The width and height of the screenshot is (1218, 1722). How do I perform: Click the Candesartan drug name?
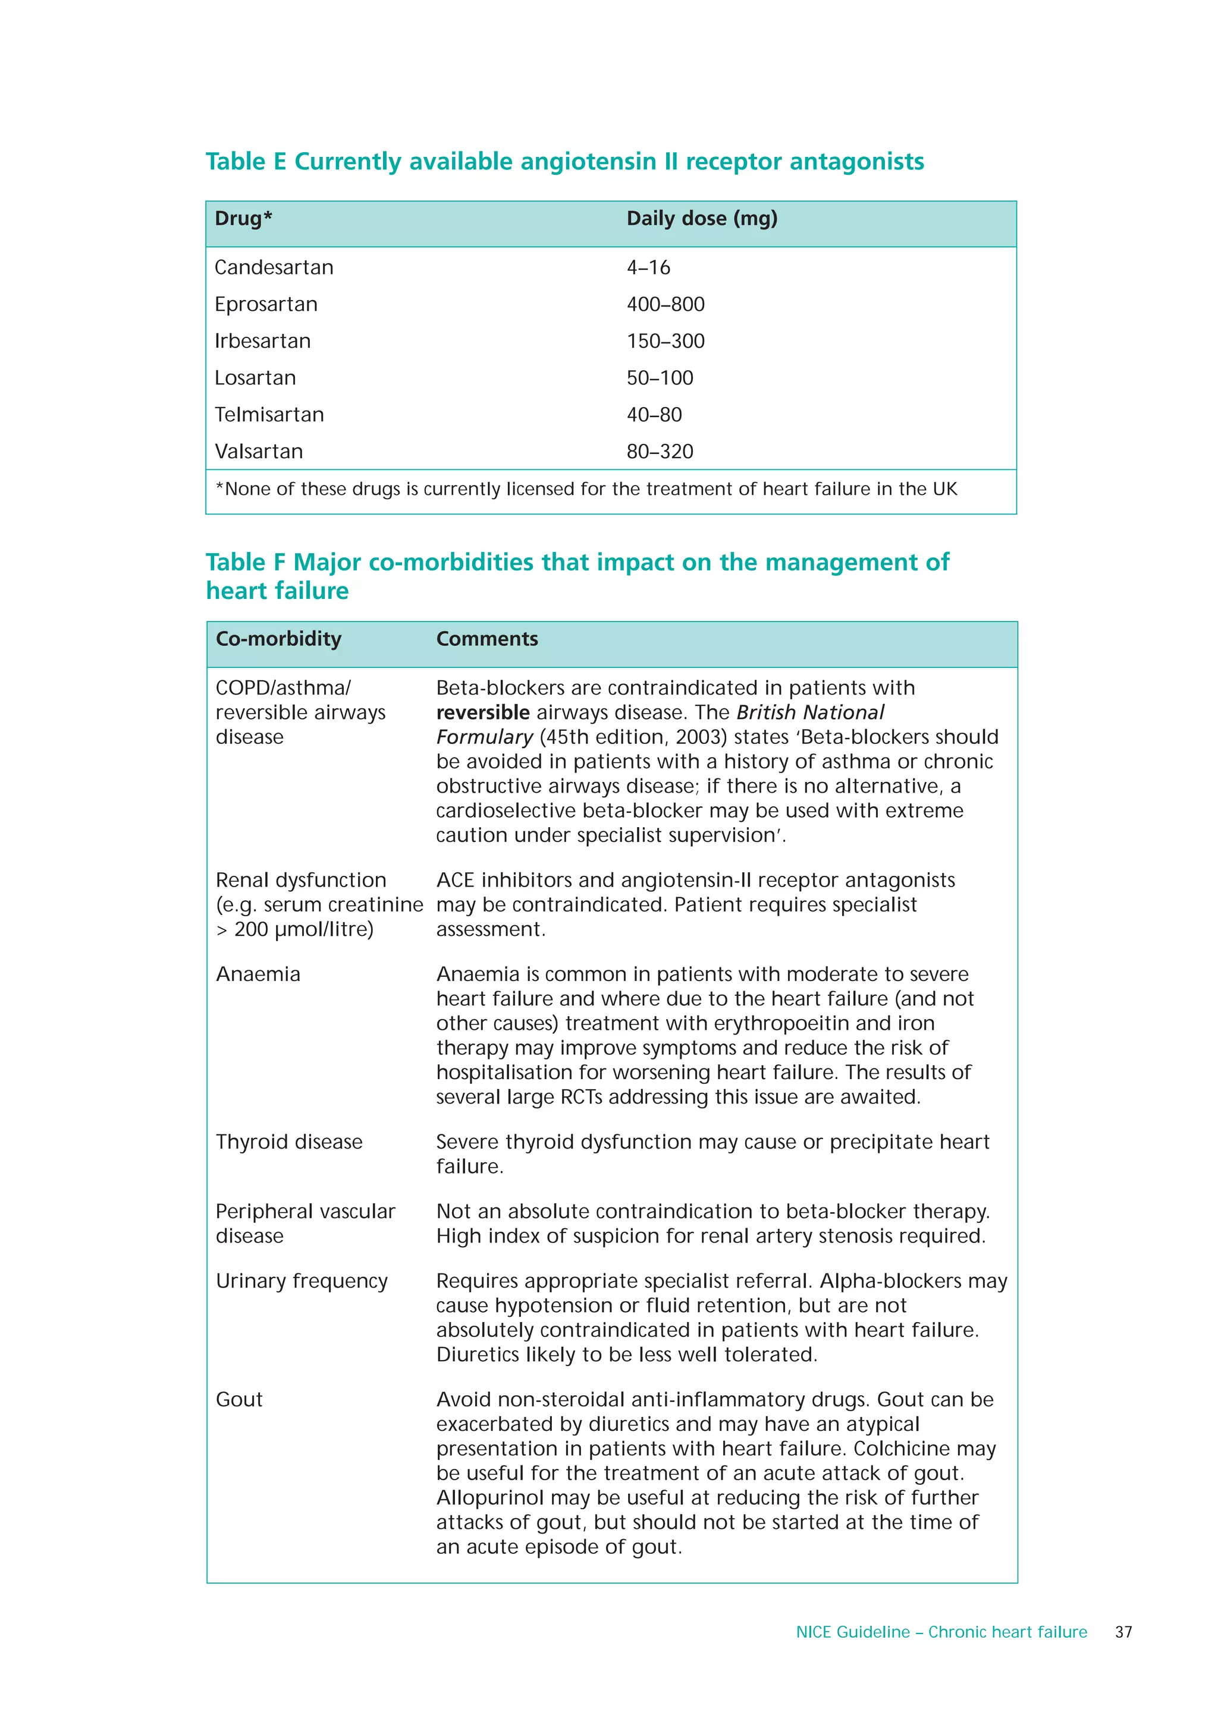274,268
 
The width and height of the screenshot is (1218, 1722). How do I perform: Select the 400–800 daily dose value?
665,304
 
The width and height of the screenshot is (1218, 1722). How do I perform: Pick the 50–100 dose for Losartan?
660,378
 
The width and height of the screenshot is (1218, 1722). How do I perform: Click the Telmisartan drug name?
269,415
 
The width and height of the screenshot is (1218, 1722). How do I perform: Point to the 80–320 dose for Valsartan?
660,452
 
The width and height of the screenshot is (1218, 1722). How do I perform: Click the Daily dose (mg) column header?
702,219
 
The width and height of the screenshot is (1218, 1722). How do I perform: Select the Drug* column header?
243,219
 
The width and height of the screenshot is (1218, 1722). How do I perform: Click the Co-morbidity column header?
278,639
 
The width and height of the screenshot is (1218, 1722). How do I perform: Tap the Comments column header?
487,639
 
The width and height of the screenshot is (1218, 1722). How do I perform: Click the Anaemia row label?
258,974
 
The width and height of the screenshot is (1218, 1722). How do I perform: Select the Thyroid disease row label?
289,1141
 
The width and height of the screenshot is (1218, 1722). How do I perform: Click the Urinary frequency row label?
302,1281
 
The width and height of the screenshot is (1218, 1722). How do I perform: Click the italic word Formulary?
484,737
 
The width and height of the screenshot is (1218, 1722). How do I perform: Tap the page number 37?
1123,1632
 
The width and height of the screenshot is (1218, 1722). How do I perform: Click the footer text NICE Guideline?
852,1632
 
